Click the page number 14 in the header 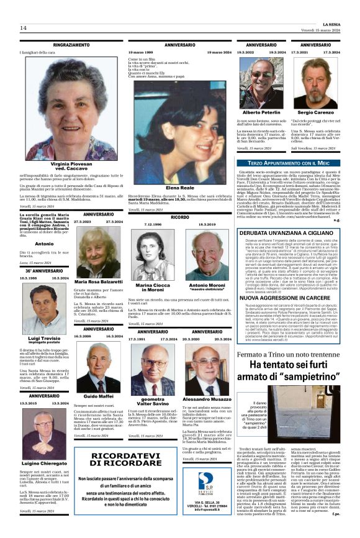point(23,28)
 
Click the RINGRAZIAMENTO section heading point(71,45)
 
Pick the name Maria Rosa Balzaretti point(99,281)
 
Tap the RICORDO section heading point(179,217)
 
